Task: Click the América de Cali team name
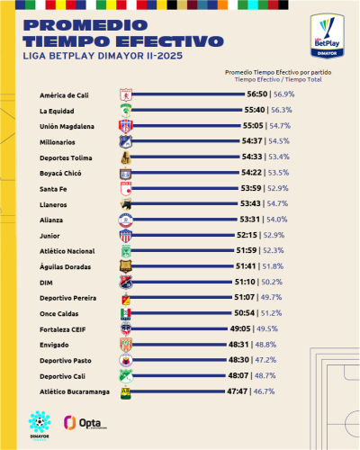click(62, 94)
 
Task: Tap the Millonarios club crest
click(126, 141)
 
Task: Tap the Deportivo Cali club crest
click(126, 376)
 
